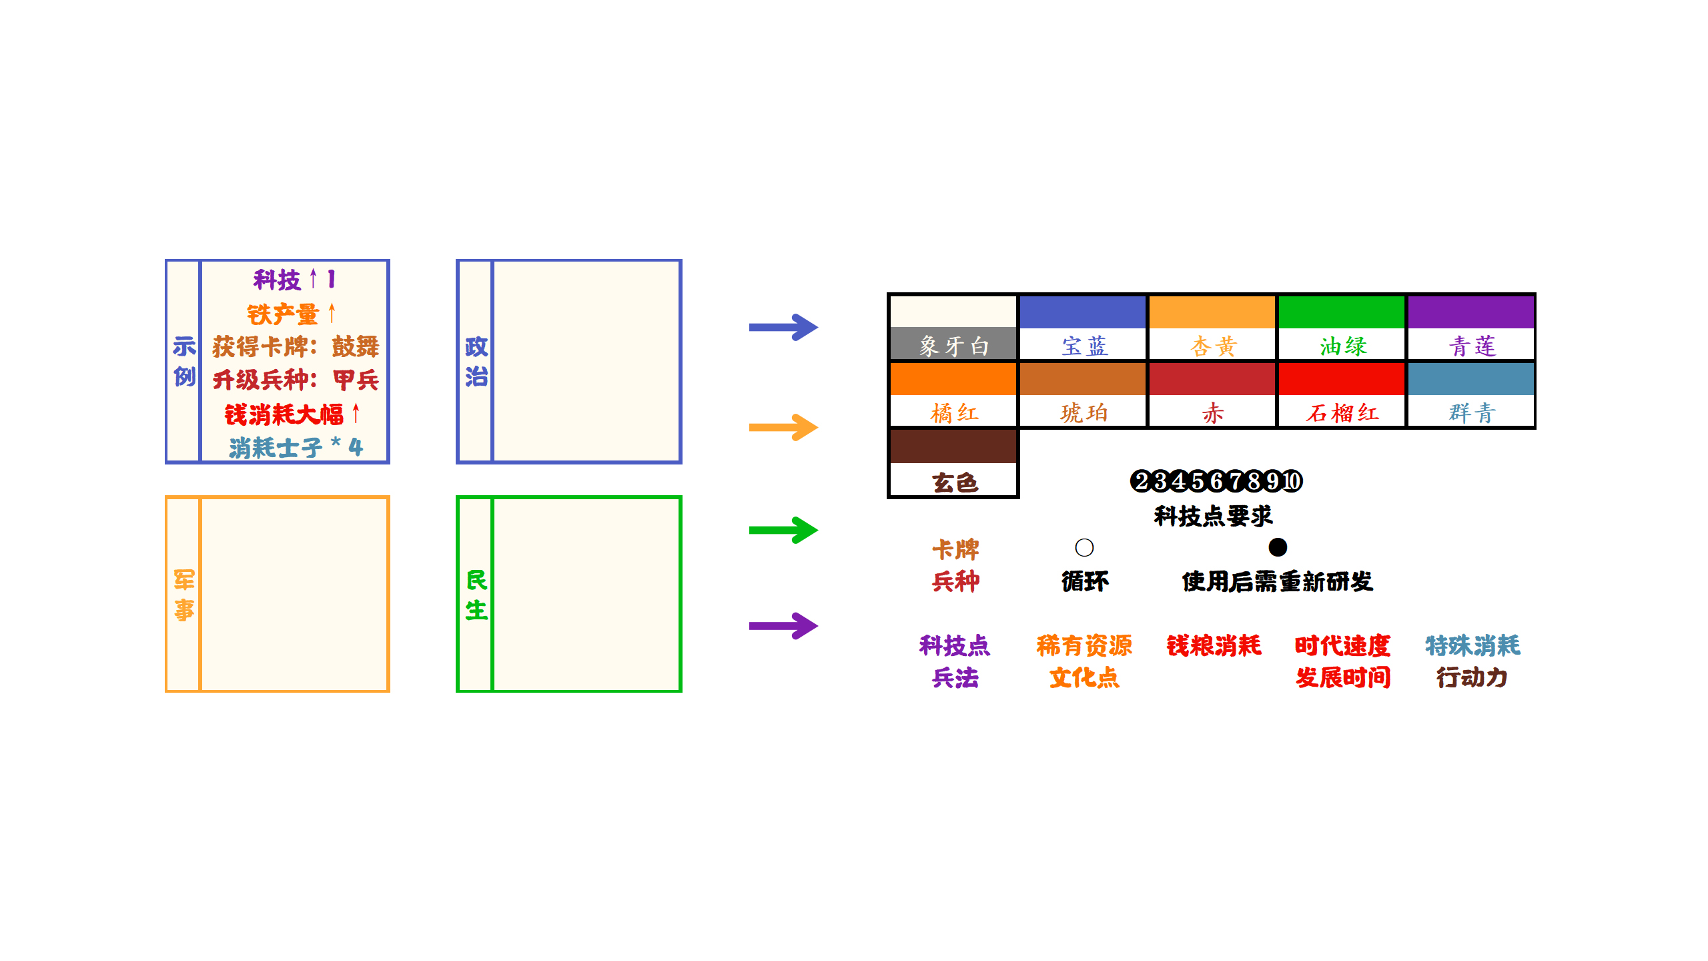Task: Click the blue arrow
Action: click(783, 327)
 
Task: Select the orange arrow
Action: click(783, 427)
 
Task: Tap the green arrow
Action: click(783, 531)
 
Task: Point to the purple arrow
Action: click(783, 626)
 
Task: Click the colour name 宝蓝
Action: click(1084, 346)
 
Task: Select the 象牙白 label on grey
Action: click(953, 346)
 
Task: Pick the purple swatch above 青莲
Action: click(1471, 312)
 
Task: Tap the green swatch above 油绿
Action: click(1342, 312)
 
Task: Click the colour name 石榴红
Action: click(1342, 412)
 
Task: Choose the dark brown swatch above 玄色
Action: click(953, 446)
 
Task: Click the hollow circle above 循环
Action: click(1084, 547)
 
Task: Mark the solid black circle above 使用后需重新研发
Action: click(1278, 547)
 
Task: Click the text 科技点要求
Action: click(1214, 516)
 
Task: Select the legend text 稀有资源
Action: click(1084, 645)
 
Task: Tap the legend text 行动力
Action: click(1472, 677)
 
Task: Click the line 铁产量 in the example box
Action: click(291, 314)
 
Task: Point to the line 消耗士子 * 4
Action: click(296, 447)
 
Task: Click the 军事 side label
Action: click(184, 595)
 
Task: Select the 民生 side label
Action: click(476, 595)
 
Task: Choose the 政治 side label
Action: click(476, 362)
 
